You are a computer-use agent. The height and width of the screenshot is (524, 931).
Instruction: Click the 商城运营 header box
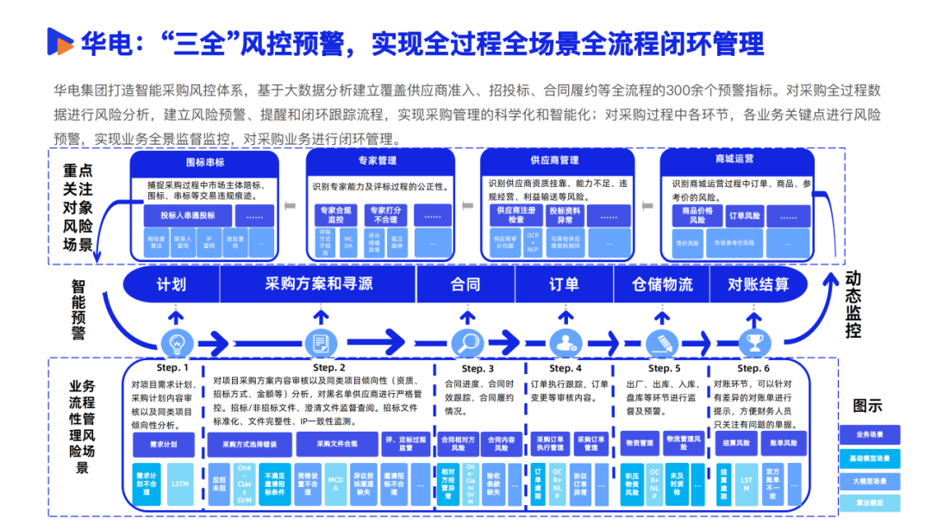tap(734, 159)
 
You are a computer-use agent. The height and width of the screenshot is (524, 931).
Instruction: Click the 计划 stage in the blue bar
tap(171, 284)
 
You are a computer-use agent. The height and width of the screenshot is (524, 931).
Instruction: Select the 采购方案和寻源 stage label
tap(319, 284)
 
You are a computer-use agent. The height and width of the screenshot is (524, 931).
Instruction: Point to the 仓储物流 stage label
tap(662, 284)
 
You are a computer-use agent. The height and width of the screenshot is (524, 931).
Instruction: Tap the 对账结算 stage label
tap(759, 284)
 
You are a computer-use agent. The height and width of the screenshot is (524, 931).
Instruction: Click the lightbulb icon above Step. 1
tap(178, 342)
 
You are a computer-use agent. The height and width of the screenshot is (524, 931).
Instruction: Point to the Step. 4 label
tap(566, 368)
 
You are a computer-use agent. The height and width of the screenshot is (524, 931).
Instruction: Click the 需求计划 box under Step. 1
tap(165, 444)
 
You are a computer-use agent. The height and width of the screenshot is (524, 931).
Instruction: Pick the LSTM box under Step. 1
tap(180, 484)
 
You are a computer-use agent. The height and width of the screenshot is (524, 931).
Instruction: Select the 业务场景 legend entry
tap(869, 434)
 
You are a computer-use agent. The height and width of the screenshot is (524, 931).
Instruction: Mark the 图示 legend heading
tap(867, 405)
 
